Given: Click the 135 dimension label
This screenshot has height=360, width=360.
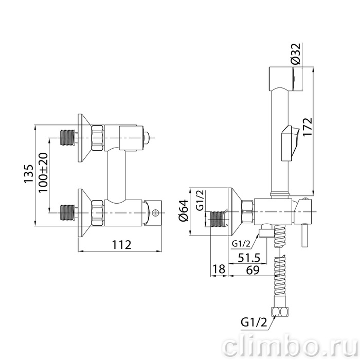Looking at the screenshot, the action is [x=29, y=174].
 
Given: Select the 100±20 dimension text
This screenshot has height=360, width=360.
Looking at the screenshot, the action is [x=43, y=173].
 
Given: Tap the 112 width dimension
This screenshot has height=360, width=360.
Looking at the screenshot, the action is [x=121, y=245].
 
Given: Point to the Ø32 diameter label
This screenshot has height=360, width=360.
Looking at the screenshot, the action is [x=296, y=53].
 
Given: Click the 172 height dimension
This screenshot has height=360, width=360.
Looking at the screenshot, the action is [x=307, y=128].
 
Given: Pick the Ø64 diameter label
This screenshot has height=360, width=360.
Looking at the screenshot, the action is [x=184, y=211].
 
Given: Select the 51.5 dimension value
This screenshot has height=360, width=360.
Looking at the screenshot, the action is [x=249, y=258].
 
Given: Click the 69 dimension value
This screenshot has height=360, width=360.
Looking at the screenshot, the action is [x=253, y=270].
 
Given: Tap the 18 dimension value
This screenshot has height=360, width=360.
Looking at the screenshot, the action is [x=219, y=269].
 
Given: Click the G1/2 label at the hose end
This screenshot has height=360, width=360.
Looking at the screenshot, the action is [x=254, y=322].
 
